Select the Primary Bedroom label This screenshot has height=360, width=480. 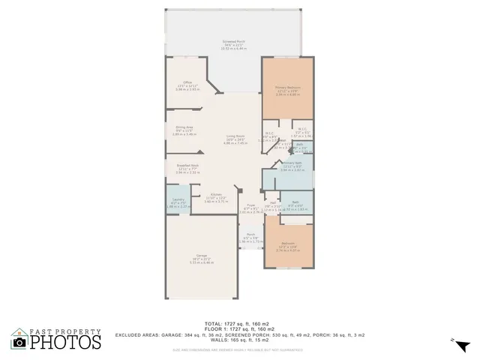pyautogui.click(x=288, y=88)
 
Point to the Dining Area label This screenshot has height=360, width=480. pyautogui.click(x=184, y=127)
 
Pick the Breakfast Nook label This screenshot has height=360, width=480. pyautogui.click(x=187, y=166)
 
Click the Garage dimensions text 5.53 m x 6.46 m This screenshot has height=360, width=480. pyautogui.click(x=201, y=262)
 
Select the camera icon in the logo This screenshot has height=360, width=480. pyautogui.click(x=19, y=343)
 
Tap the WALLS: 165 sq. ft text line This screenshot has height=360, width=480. pyautogui.click(x=239, y=340)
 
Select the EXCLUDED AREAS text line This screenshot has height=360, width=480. pyautogui.click(x=239, y=334)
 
